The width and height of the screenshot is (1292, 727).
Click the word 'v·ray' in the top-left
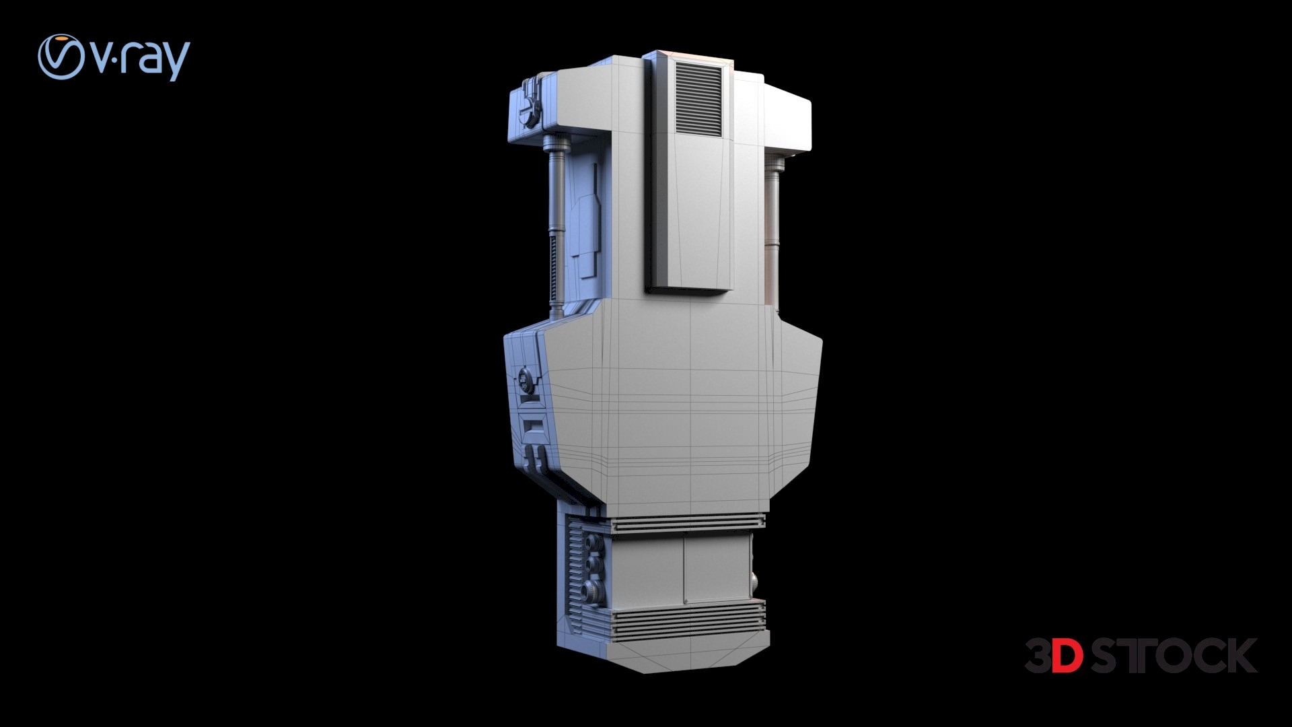click(x=141, y=59)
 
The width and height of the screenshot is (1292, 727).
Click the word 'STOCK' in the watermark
click(x=1174, y=655)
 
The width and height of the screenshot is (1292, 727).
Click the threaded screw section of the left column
click(x=557, y=276)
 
